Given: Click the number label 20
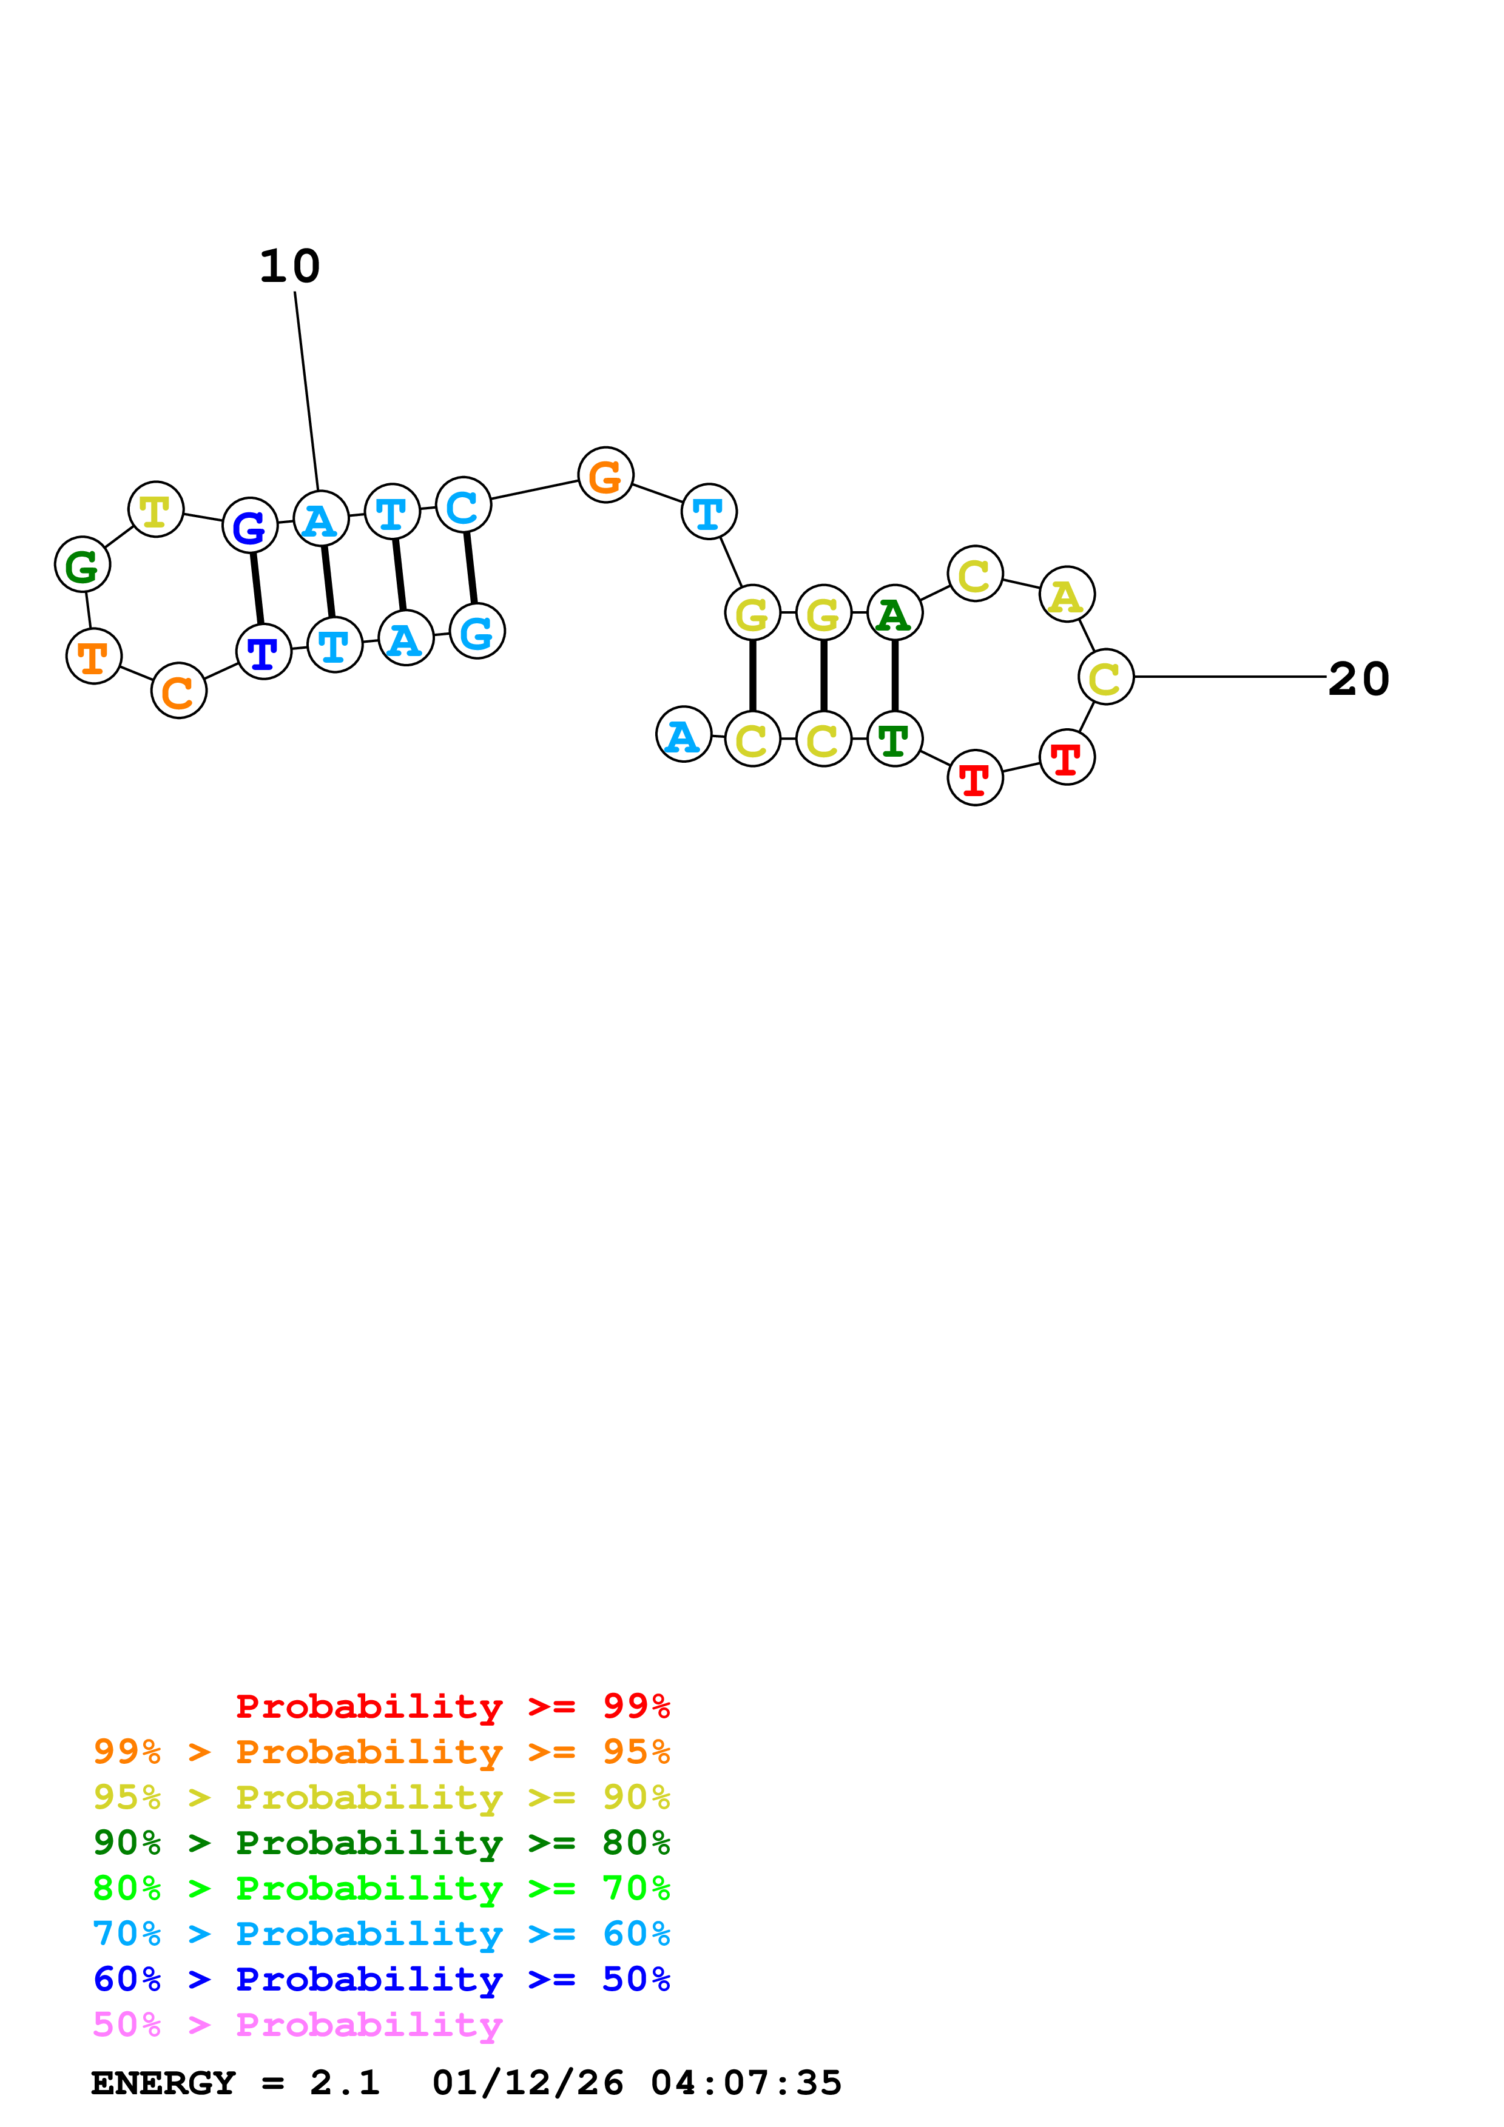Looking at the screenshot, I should tap(1358, 679).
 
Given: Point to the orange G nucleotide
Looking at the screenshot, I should tap(605, 475).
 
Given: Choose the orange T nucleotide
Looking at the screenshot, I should tap(93, 656).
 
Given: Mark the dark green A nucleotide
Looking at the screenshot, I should tap(894, 612).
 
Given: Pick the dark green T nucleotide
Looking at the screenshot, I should tap(894, 739).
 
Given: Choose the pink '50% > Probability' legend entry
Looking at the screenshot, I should tap(297, 2025).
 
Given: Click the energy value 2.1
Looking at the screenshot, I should tap(345, 2083).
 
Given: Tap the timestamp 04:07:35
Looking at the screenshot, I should tap(746, 2083).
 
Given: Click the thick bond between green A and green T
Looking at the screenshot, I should tap(894, 675).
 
